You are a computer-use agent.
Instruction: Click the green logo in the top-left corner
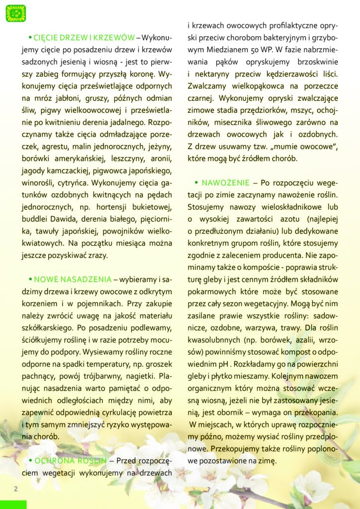(x=15, y=13)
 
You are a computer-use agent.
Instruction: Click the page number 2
(x=15, y=489)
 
